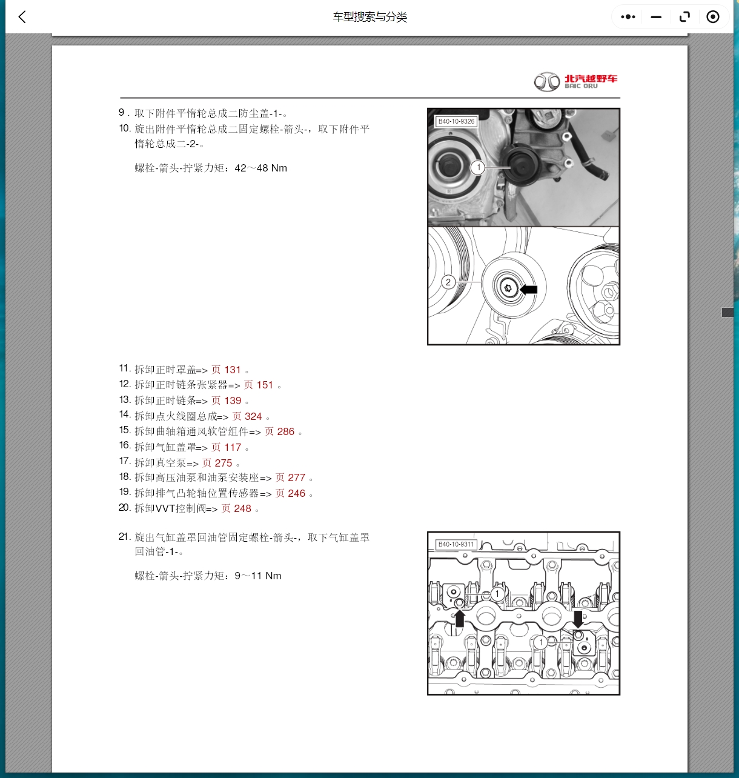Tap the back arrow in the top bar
22,17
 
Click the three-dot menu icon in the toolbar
628,17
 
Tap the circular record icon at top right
713,17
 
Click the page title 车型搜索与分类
369,17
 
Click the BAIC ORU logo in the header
575,82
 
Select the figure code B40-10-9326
457,121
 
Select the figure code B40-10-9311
456,544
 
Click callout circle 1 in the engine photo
478,167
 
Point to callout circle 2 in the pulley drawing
448,282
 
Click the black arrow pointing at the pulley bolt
529,290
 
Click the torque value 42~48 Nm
260,168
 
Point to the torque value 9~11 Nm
257,576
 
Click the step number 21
124,537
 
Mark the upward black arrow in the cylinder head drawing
460,619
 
